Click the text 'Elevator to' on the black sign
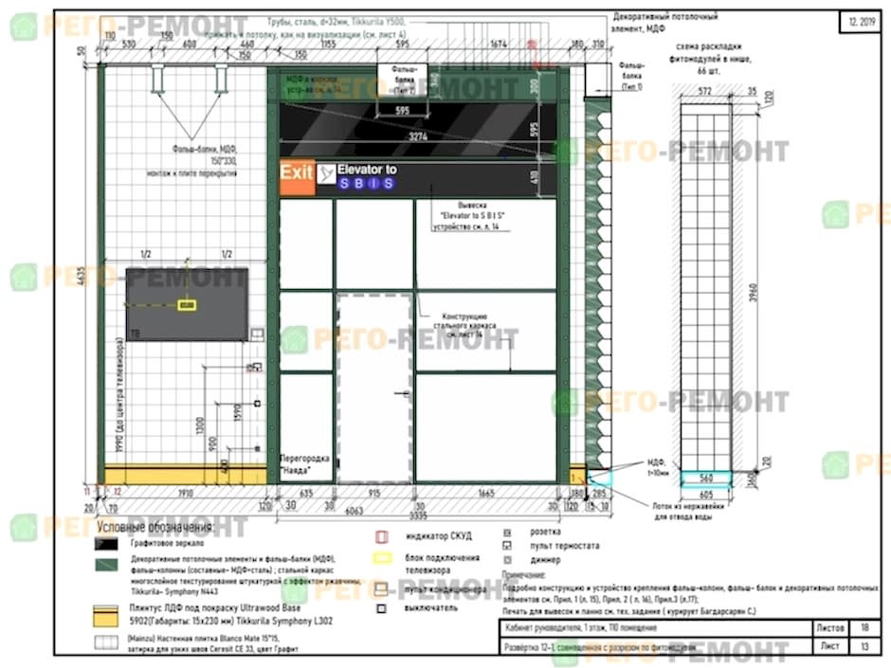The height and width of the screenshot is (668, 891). point(367,170)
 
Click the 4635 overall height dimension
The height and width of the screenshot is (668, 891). point(83,276)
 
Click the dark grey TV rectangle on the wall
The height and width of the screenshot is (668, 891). point(186,303)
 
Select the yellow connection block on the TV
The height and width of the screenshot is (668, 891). point(188,305)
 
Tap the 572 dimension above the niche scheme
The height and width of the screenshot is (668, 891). point(705,91)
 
